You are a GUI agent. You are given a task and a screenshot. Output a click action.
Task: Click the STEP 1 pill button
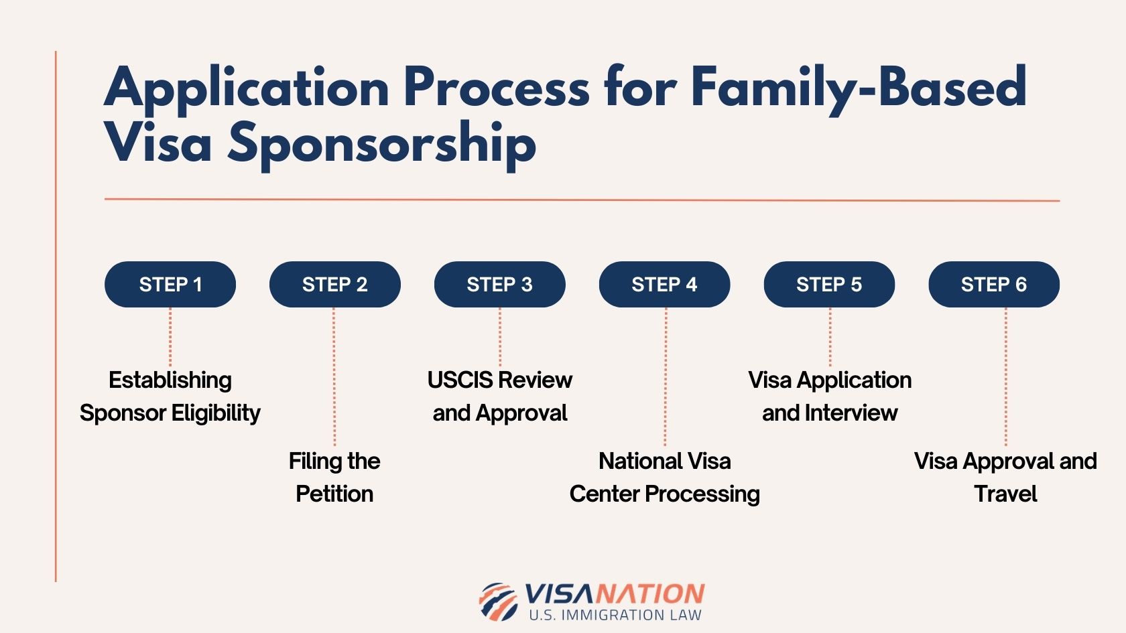tap(170, 285)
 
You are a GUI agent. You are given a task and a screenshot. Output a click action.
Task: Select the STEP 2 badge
tap(334, 285)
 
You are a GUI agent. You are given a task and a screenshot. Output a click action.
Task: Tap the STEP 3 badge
tap(499, 285)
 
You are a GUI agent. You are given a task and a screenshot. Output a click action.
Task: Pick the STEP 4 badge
tap(664, 285)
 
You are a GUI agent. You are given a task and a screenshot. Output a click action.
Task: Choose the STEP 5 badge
tap(829, 285)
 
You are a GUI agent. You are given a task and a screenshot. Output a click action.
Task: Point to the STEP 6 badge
tap(994, 285)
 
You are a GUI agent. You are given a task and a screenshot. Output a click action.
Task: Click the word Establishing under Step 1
tap(170, 380)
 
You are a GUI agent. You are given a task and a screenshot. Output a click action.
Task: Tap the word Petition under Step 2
tap(334, 494)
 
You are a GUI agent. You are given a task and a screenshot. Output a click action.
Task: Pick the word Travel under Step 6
tap(1005, 494)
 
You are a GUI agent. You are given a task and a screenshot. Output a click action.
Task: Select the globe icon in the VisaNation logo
tap(498, 601)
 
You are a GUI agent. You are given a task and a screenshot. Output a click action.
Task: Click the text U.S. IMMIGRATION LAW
tap(615, 615)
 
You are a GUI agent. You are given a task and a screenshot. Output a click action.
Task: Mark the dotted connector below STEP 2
tap(334, 375)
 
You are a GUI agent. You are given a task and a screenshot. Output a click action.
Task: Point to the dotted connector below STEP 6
tap(1005, 375)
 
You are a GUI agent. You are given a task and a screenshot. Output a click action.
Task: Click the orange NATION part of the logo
tap(650, 593)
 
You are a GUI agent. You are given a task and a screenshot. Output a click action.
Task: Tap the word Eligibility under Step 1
tap(214, 413)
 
